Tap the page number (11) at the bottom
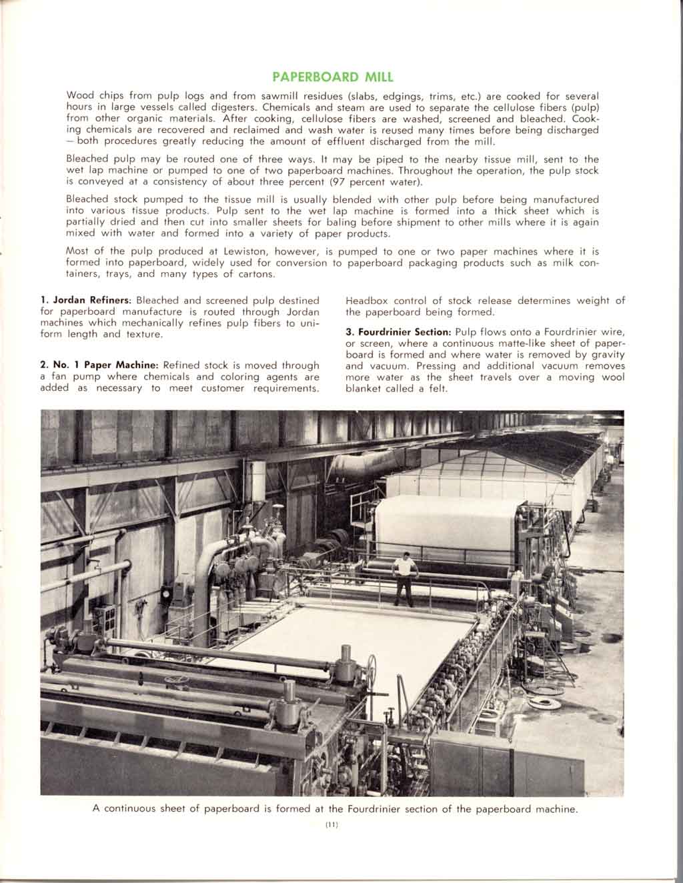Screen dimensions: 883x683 pyautogui.click(x=331, y=826)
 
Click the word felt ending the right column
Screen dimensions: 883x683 pyautogui.click(x=438, y=388)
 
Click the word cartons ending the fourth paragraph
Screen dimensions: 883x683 pyautogui.click(x=253, y=274)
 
